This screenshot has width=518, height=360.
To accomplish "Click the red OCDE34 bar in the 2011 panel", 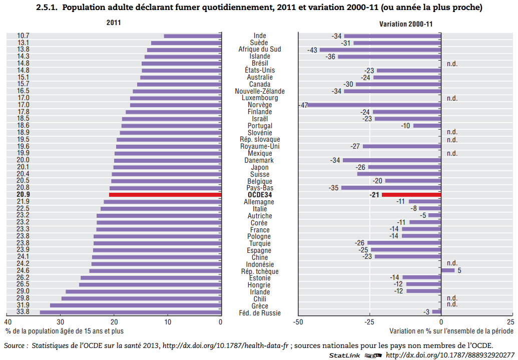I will click(x=165, y=195).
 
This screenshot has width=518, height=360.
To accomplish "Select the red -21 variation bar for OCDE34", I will click(x=411, y=195).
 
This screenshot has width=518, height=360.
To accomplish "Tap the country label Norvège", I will click(x=260, y=105).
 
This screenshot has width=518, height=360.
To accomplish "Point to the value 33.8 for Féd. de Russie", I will click(x=23, y=312).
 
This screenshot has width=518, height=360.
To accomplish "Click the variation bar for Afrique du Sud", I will click(x=380, y=50).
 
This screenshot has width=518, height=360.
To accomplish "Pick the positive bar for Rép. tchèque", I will click(x=448, y=270).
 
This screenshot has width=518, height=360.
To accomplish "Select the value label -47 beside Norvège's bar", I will click(x=303, y=105).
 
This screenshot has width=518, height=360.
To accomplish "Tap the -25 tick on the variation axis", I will click(x=369, y=322).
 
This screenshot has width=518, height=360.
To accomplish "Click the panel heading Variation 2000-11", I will click(x=406, y=24).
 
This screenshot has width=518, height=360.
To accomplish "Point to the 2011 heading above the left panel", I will click(x=114, y=23).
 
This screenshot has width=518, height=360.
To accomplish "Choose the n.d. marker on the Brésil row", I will click(x=452, y=64).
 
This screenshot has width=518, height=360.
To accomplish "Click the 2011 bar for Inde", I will click(x=192, y=36).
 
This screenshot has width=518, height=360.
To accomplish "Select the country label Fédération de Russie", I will click(x=260, y=313).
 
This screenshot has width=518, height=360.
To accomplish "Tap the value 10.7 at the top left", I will click(x=23, y=36).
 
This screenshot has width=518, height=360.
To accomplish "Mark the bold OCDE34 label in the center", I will click(x=260, y=195).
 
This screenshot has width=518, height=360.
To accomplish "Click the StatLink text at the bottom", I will click(x=345, y=355).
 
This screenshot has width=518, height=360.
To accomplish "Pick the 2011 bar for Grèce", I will click(x=135, y=305).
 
